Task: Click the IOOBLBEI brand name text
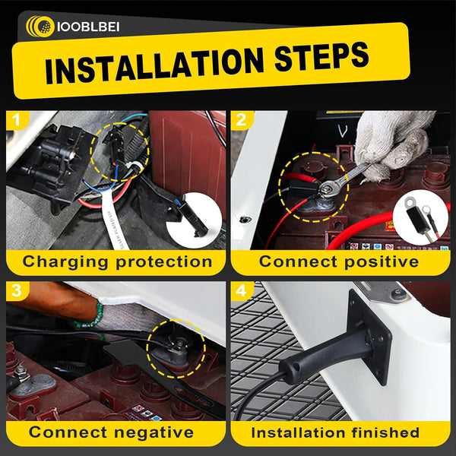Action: pyautogui.click(x=88, y=27)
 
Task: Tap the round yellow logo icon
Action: pyautogui.click(x=40, y=27)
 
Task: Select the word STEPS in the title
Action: pyautogui.click(x=321, y=56)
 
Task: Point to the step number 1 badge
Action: pyautogui.click(x=17, y=120)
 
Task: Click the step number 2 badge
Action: pyautogui.click(x=242, y=120)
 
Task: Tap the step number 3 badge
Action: pyautogui.click(x=17, y=291)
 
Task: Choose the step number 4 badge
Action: pyautogui.click(x=242, y=291)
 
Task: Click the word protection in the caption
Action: pyautogui.click(x=164, y=262)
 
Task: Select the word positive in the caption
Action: pyautogui.click(x=382, y=261)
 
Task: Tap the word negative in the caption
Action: pyautogui.click(x=154, y=432)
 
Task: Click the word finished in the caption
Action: pyautogui.click(x=385, y=432)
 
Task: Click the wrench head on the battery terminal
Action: pyautogui.click(x=328, y=188)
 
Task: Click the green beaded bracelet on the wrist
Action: pyautogui.click(x=90, y=317)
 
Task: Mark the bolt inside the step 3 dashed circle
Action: pyautogui.click(x=178, y=344)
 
